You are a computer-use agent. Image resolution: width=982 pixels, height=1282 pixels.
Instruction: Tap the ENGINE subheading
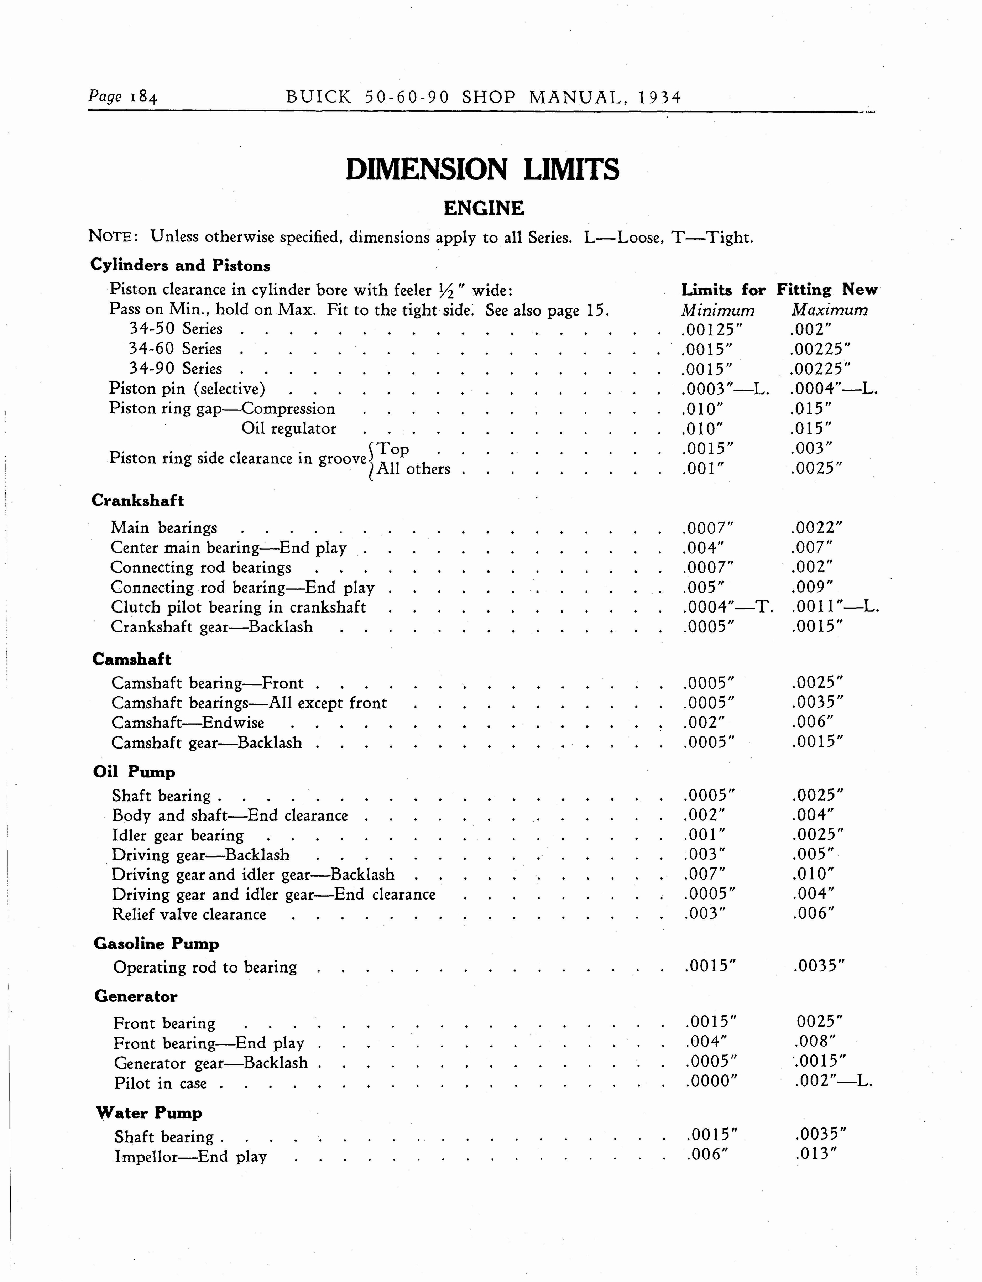pyautogui.click(x=484, y=208)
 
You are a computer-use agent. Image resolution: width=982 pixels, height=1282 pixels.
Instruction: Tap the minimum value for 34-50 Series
pyautogui.click(x=707, y=329)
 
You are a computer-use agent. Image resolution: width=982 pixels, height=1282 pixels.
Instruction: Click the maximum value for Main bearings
pyautogui.click(x=816, y=528)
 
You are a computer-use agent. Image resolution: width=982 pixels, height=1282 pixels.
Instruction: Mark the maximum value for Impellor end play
pyautogui.click(x=817, y=1154)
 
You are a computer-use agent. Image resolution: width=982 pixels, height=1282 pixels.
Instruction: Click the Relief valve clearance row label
pyautogui.click(x=189, y=914)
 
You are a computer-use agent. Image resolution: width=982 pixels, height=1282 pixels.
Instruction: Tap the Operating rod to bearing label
pyautogui.click(x=205, y=968)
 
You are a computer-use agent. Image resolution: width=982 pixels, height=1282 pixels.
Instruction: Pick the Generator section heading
pyautogui.click(x=136, y=996)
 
